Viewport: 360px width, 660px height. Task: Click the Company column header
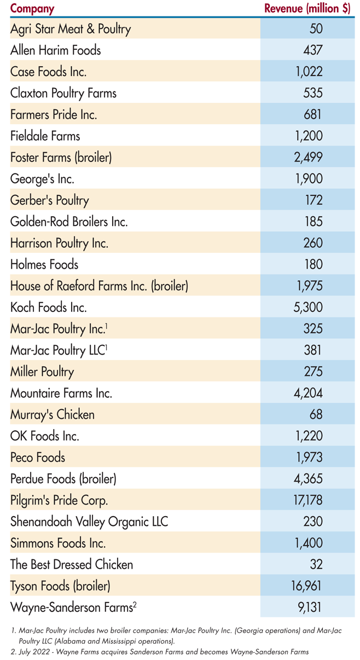(32, 8)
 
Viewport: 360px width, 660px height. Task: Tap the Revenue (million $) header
(307, 8)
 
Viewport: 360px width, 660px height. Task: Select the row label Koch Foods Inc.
(48, 307)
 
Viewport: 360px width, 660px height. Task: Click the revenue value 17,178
(306, 500)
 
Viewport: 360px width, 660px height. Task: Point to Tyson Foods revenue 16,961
(306, 586)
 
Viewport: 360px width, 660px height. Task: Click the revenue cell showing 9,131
(308, 607)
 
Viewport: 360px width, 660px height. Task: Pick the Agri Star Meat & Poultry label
(71, 28)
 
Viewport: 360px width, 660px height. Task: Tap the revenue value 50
(316, 28)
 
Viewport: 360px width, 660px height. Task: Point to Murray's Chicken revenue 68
(316, 414)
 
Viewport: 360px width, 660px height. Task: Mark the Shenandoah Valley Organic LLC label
(89, 522)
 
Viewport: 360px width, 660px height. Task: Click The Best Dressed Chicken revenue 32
(316, 564)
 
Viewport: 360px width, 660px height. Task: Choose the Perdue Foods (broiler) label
(63, 479)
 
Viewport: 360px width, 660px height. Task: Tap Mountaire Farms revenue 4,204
(308, 393)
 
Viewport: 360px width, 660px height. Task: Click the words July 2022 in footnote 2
(32, 651)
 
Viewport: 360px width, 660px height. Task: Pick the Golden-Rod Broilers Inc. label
(69, 222)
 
